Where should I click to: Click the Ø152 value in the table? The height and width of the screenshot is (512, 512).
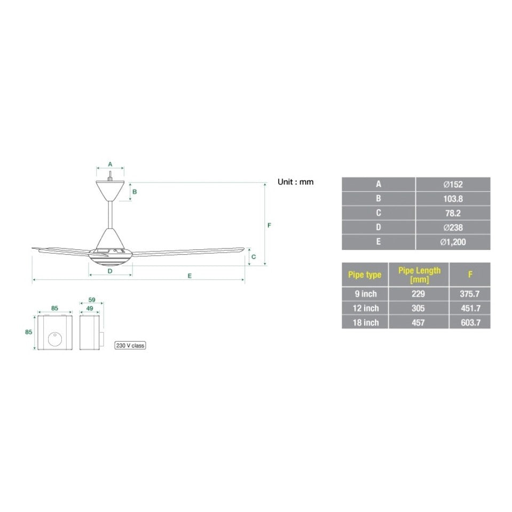pyautogui.click(x=453, y=184)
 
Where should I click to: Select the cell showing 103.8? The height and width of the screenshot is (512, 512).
pyautogui.click(x=453, y=199)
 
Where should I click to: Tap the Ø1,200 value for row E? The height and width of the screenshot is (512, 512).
pyautogui.click(x=453, y=242)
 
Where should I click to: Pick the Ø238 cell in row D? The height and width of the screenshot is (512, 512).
pyautogui.click(x=453, y=227)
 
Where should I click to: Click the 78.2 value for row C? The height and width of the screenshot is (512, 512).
pyautogui.click(x=453, y=213)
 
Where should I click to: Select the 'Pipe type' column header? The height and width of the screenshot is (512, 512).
pyautogui.click(x=365, y=274)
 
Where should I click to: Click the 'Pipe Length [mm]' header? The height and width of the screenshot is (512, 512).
pyautogui.click(x=419, y=274)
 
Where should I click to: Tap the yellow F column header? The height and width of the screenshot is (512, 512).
pyautogui.click(x=470, y=274)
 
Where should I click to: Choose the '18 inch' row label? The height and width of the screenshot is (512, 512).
pyautogui.click(x=365, y=322)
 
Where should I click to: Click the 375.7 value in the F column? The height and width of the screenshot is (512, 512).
pyautogui.click(x=470, y=294)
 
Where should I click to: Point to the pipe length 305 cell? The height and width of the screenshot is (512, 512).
pyautogui.click(x=419, y=308)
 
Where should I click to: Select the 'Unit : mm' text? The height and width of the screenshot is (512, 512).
pyautogui.click(x=295, y=182)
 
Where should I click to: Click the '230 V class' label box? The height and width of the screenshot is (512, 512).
pyautogui.click(x=130, y=345)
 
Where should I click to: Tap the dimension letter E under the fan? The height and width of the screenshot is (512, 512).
pyautogui.click(x=190, y=275)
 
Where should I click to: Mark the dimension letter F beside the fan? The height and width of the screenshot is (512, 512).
pyautogui.click(x=270, y=225)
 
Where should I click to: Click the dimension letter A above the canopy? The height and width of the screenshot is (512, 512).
pyautogui.click(x=110, y=164)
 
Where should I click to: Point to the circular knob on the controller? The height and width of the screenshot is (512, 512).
pyautogui.click(x=54, y=338)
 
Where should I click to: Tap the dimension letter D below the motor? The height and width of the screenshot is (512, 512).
pyautogui.click(x=110, y=271)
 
